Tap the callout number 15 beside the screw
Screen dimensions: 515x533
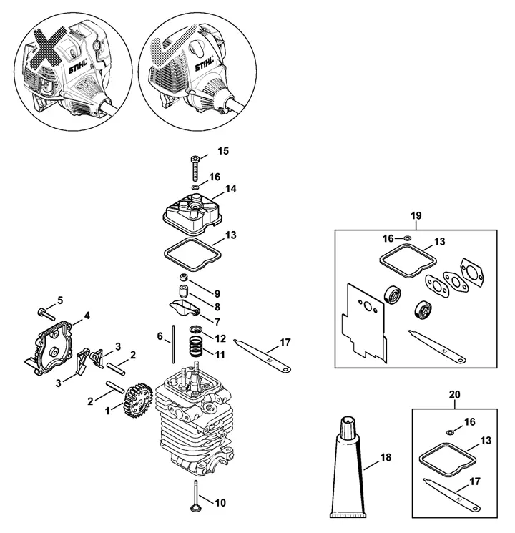tap(223, 150)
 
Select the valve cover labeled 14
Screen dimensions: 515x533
tap(192, 214)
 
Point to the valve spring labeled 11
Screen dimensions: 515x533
tap(195, 346)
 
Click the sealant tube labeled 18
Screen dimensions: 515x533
tap(348, 469)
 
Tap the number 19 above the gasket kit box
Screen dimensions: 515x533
tap(416, 215)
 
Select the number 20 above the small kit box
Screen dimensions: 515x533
tap(454, 394)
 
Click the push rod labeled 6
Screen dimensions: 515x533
tap(173, 344)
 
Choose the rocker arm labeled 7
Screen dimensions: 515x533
tap(185, 308)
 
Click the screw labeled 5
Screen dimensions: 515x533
tap(45, 313)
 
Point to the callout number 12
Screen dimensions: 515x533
tap(220, 338)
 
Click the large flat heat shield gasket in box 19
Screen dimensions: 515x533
tap(364, 321)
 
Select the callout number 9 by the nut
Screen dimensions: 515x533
tap(217, 293)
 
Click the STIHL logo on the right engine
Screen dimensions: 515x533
tap(205, 64)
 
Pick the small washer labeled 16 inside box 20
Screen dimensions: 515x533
tap(451, 432)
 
